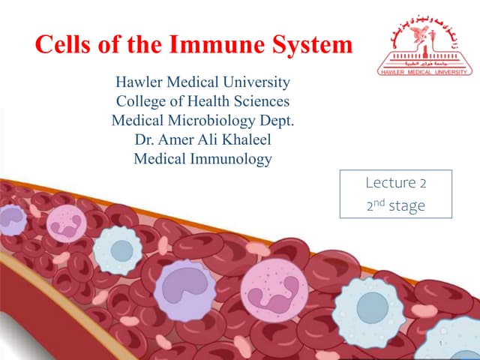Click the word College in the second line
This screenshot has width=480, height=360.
coord(142,101)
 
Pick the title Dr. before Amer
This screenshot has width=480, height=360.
coord(145,139)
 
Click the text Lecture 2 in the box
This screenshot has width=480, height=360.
coord(396,183)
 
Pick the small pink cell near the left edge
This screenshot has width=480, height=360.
coord(66,223)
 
